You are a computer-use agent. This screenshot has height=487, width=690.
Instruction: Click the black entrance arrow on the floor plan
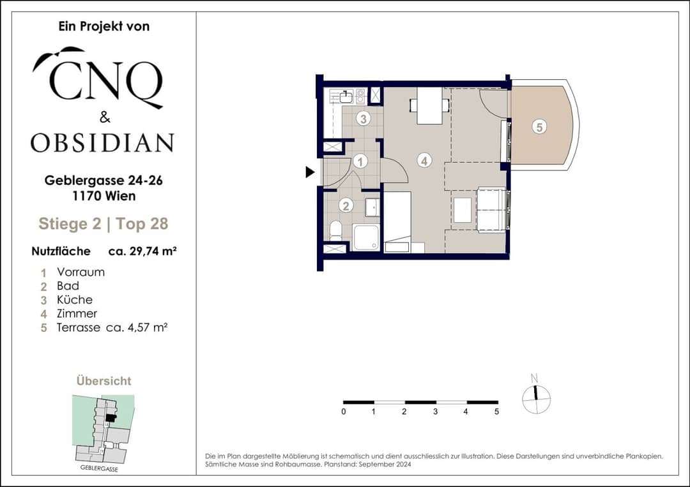click(x=310, y=172)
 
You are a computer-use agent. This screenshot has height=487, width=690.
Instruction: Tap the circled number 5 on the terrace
click(x=539, y=127)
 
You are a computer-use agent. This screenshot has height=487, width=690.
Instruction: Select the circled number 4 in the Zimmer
click(x=424, y=161)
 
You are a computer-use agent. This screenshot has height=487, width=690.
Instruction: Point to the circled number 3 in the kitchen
click(x=363, y=118)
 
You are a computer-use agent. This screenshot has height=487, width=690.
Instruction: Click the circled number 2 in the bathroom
click(x=346, y=206)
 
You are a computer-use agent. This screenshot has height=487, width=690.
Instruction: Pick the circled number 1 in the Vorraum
click(x=360, y=161)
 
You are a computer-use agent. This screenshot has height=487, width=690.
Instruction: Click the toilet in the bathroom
click(x=336, y=230)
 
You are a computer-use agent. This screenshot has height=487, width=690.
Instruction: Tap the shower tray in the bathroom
click(x=365, y=237)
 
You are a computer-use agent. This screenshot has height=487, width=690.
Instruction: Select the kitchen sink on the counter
click(x=347, y=95)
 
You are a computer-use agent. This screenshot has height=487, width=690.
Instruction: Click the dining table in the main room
click(x=429, y=105)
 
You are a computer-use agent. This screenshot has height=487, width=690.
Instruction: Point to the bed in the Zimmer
click(x=397, y=222)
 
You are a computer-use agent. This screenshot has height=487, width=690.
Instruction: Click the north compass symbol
click(x=536, y=396)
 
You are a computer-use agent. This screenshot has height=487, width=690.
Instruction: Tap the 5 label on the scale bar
click(x=497, y=412)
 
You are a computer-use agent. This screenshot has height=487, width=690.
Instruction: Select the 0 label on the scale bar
click(x=344, y=412)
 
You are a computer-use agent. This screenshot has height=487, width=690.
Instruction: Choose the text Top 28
click(x=142, y=224)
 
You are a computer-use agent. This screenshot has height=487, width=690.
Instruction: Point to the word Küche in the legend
click(x=75, y=300)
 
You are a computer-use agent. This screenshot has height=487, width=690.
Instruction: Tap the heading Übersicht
click(x=104, y=380)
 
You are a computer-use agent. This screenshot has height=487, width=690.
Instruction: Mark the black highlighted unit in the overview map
click(x=111, y=419)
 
